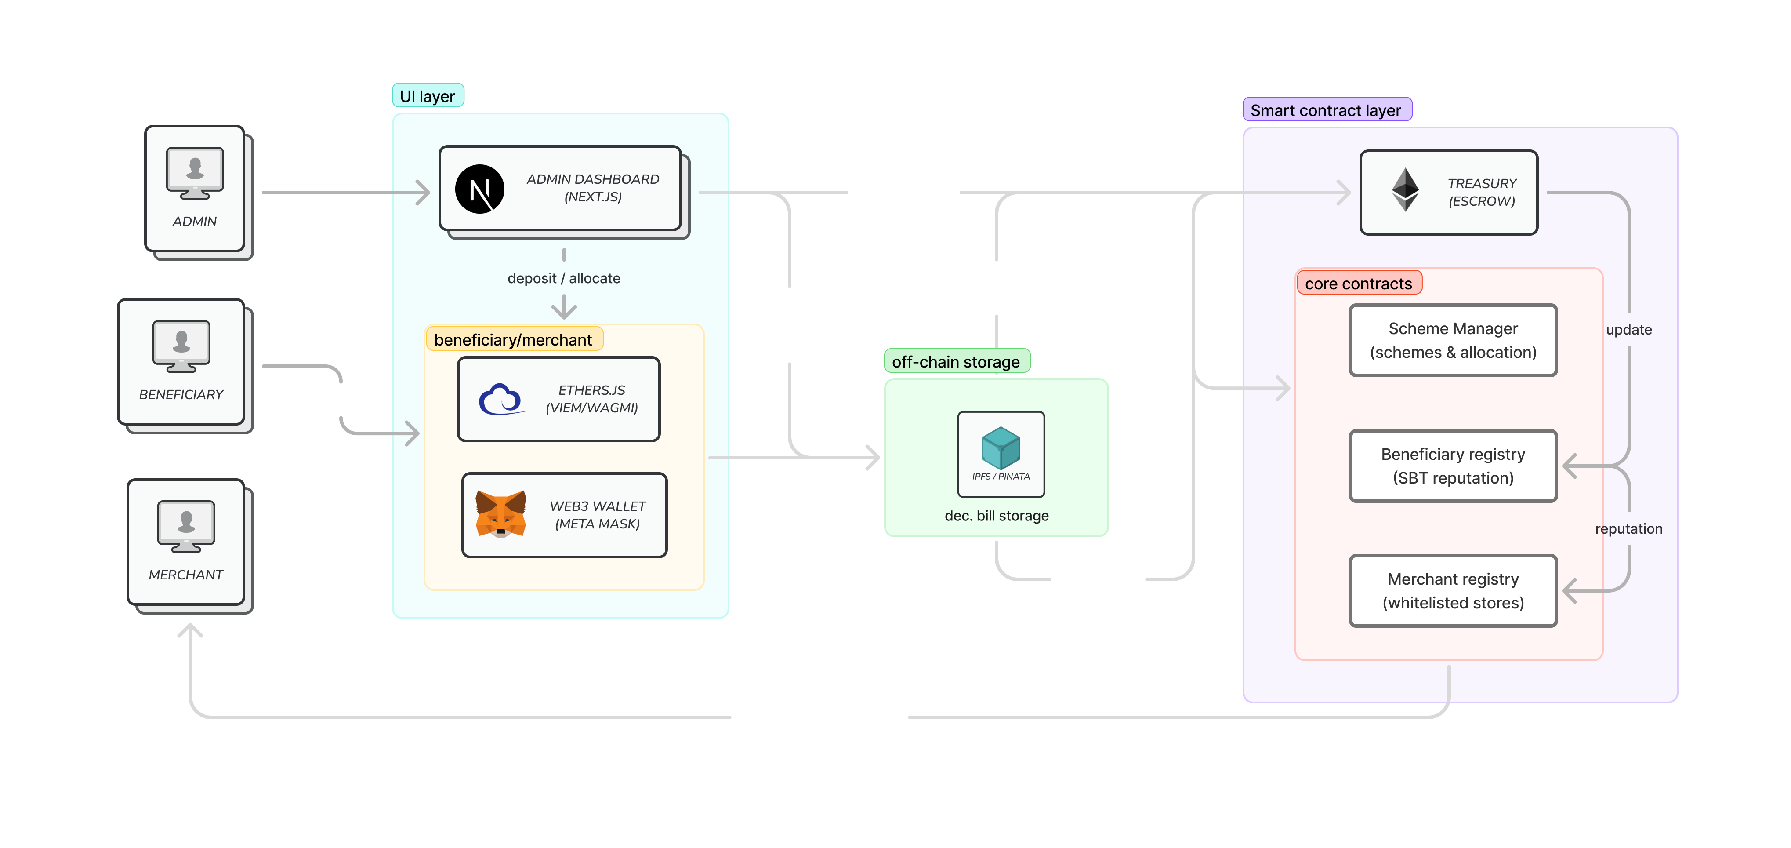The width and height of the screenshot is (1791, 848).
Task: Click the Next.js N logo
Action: tap(480, 189)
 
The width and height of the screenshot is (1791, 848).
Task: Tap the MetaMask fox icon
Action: tap(500, 514)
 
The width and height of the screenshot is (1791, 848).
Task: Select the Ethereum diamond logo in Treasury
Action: tap(1405, 189)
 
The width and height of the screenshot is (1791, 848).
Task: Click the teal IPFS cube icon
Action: tap(1001, 448)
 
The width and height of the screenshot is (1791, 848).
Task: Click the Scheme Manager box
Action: tap(1453, 340)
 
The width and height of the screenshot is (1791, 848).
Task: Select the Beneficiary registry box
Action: tap(1453, 466)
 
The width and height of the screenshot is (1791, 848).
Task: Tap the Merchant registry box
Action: tap(1453, 590)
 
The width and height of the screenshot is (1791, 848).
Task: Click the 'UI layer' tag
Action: tap(428, 96)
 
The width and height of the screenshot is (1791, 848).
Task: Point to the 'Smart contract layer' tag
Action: tap(1327, 110)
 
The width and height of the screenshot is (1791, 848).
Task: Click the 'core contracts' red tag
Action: tap(1359, 283)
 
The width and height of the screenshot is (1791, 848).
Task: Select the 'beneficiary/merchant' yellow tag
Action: tap(514, 339)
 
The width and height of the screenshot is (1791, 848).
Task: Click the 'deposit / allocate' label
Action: tap(564, 278)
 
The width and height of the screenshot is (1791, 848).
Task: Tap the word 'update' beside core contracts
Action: tap(1629, 330)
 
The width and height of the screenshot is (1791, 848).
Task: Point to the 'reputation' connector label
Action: tap(1629, 529)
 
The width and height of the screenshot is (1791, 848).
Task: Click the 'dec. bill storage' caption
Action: tap(996, 516)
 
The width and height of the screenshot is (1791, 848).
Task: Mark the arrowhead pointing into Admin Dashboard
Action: tap(424, 192)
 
